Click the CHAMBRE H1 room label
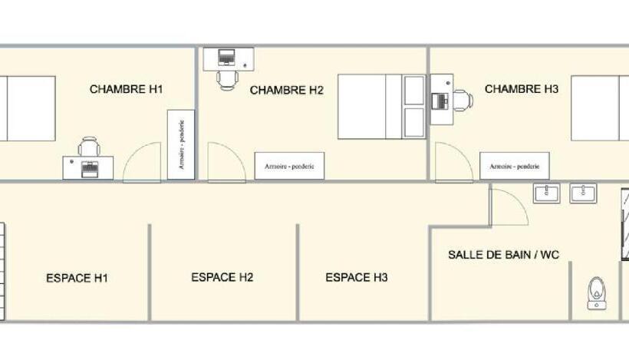coord(126,89)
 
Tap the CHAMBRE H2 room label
coord(287,91)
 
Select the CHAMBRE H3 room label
coord(522,89)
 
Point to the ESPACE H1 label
coord(77,278)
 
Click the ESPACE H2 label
coord(222,277)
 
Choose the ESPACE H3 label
coord(357,277)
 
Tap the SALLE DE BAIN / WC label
coord(503,254)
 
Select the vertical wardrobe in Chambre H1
coord(181,144)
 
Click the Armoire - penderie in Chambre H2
coord(289,165)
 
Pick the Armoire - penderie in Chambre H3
coord(515,165)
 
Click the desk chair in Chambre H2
coord(226,78)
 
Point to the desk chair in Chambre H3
coord(461,101)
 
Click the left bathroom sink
coord(547,193)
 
